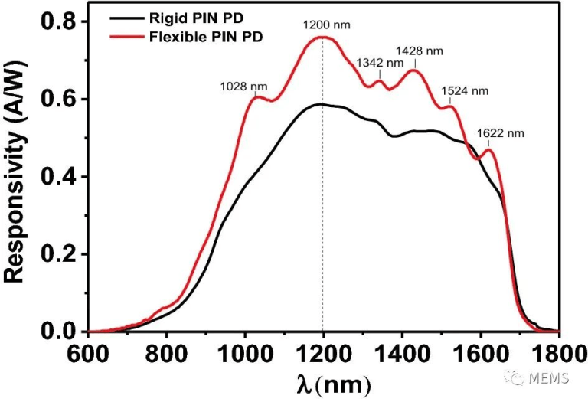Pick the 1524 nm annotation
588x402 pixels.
click(464, 91)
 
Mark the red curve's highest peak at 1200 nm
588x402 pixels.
click(322, 37)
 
